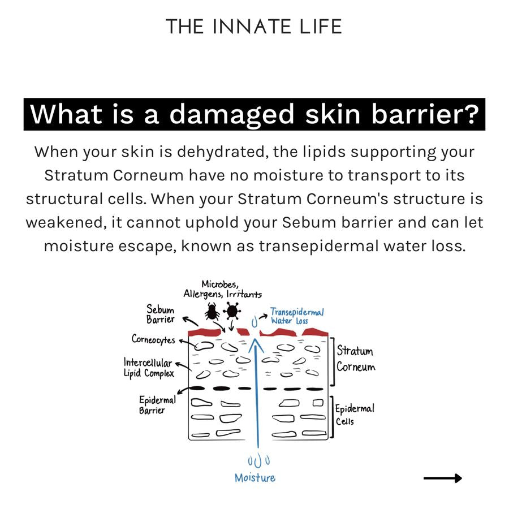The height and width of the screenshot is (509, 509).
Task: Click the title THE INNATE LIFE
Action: [x=254, y=27]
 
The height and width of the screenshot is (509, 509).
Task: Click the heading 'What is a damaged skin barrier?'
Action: [x=254, y=115]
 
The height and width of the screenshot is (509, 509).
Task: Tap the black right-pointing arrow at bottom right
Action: [x=442, y=478]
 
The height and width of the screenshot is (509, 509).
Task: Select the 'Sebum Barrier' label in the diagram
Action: [x=161, y=315]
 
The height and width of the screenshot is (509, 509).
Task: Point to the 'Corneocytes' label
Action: [x=153, y=340]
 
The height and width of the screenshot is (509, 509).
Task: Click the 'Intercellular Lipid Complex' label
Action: [x=149, y=368]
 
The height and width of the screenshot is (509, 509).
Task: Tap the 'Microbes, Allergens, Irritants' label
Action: [x=222, y=288]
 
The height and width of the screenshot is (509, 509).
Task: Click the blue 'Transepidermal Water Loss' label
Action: [x=296, y=316]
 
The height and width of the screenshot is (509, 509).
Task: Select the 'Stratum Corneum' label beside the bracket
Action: [x=355, y=359]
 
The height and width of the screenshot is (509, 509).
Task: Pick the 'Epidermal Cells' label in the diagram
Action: [x=355, y=415]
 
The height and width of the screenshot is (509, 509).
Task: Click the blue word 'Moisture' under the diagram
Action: [x=255, y=478]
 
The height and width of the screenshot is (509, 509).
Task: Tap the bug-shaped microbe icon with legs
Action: [x=213, y=311]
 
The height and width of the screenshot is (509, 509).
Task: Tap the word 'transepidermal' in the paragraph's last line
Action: [x=331, y=246]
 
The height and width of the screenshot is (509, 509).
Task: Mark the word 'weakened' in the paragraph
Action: [x=63, y=222]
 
